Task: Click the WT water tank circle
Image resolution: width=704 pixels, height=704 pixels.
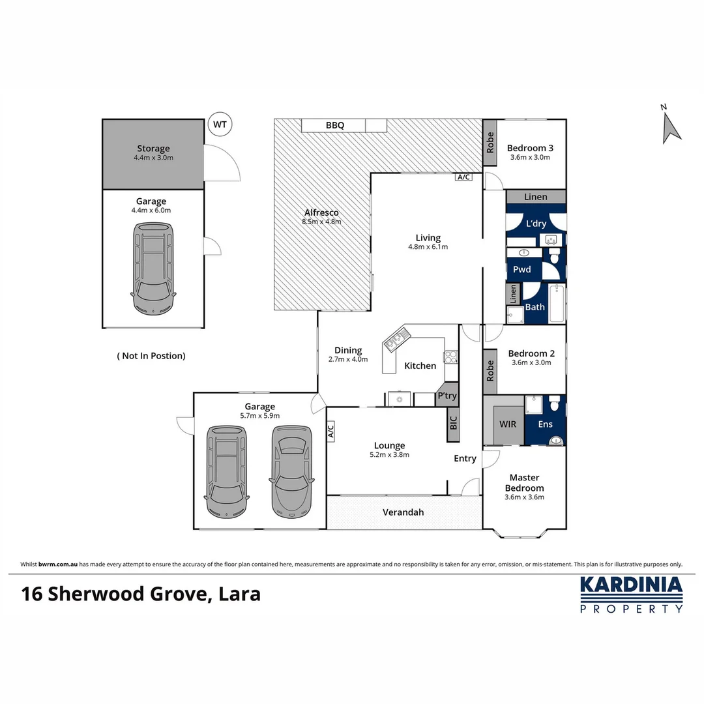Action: (x=220, y=124)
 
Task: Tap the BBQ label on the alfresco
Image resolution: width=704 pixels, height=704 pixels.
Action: (x=334, y=125)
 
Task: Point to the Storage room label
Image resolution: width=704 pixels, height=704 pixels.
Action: (x=153, y=149)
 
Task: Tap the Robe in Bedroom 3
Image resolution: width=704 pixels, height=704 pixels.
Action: (x=490, y=143)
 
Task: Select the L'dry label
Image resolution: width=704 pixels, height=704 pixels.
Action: (x=536, y=224)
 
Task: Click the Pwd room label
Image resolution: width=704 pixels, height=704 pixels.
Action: (x=521, y=269)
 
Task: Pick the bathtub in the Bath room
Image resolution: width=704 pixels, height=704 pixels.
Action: (x=557, y=304)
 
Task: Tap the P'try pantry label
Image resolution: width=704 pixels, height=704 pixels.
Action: (x=447, y=396)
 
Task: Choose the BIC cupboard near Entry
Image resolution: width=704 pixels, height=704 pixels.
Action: (x=453, y=425)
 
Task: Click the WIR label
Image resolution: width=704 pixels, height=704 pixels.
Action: (x=508, y=424)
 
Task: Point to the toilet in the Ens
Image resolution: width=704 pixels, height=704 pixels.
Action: (x=555, y=404)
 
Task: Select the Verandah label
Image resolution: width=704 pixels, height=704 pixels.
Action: (x=403, y=512)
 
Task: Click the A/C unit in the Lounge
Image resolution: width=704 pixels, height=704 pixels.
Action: (x=330, y=431)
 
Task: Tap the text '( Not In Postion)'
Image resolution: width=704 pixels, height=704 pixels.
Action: (x=151, y=356)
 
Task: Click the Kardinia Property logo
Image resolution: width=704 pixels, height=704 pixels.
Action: (x=631, y=594)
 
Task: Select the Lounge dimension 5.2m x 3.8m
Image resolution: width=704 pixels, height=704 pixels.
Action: (x=389, y=455)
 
